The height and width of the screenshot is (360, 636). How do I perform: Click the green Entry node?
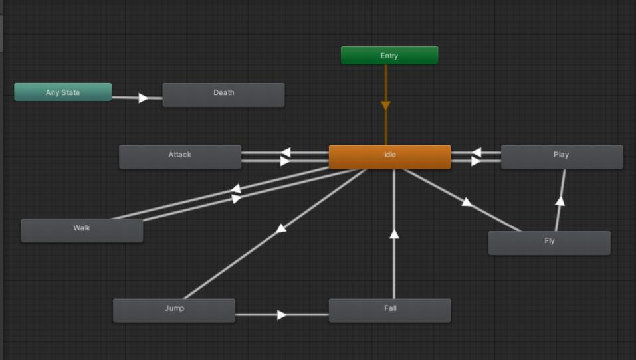(x=389, y=56)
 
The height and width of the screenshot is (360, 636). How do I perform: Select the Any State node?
(x=62, y=92)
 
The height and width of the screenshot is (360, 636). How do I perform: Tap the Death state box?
(x=223, y=94)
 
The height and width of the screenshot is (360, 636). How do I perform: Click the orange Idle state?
(x=389, y=157)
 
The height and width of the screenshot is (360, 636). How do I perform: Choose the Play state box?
(x=562, y=157)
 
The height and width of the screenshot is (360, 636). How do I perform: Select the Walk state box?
(x=82, y=230)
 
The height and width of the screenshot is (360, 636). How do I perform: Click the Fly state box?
(x=549, y=243)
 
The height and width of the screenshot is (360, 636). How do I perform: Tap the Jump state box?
(x=174, y=310)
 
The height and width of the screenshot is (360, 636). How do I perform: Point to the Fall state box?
(x=389, y=310)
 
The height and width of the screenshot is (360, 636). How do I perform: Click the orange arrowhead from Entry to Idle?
(x=385, y=106)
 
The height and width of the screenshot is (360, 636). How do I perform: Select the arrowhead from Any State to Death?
(x=143, y=98)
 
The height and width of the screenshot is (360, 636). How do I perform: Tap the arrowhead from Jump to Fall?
(x=282, y=315)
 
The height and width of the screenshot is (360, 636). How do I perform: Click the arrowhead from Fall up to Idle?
(x=394, y=234)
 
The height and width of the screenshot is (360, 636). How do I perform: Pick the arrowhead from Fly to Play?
(x=560, y=201)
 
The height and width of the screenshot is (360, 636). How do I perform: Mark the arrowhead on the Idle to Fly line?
(x=467, y=202)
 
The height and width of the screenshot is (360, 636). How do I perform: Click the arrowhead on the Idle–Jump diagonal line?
(x=281, y=228)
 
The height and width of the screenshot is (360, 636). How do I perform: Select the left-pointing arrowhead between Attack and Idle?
(x=286, y=153)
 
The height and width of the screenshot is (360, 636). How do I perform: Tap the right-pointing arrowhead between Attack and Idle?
(x=285, y=161)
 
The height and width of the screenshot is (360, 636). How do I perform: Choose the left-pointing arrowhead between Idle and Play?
(x=476, y=153)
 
